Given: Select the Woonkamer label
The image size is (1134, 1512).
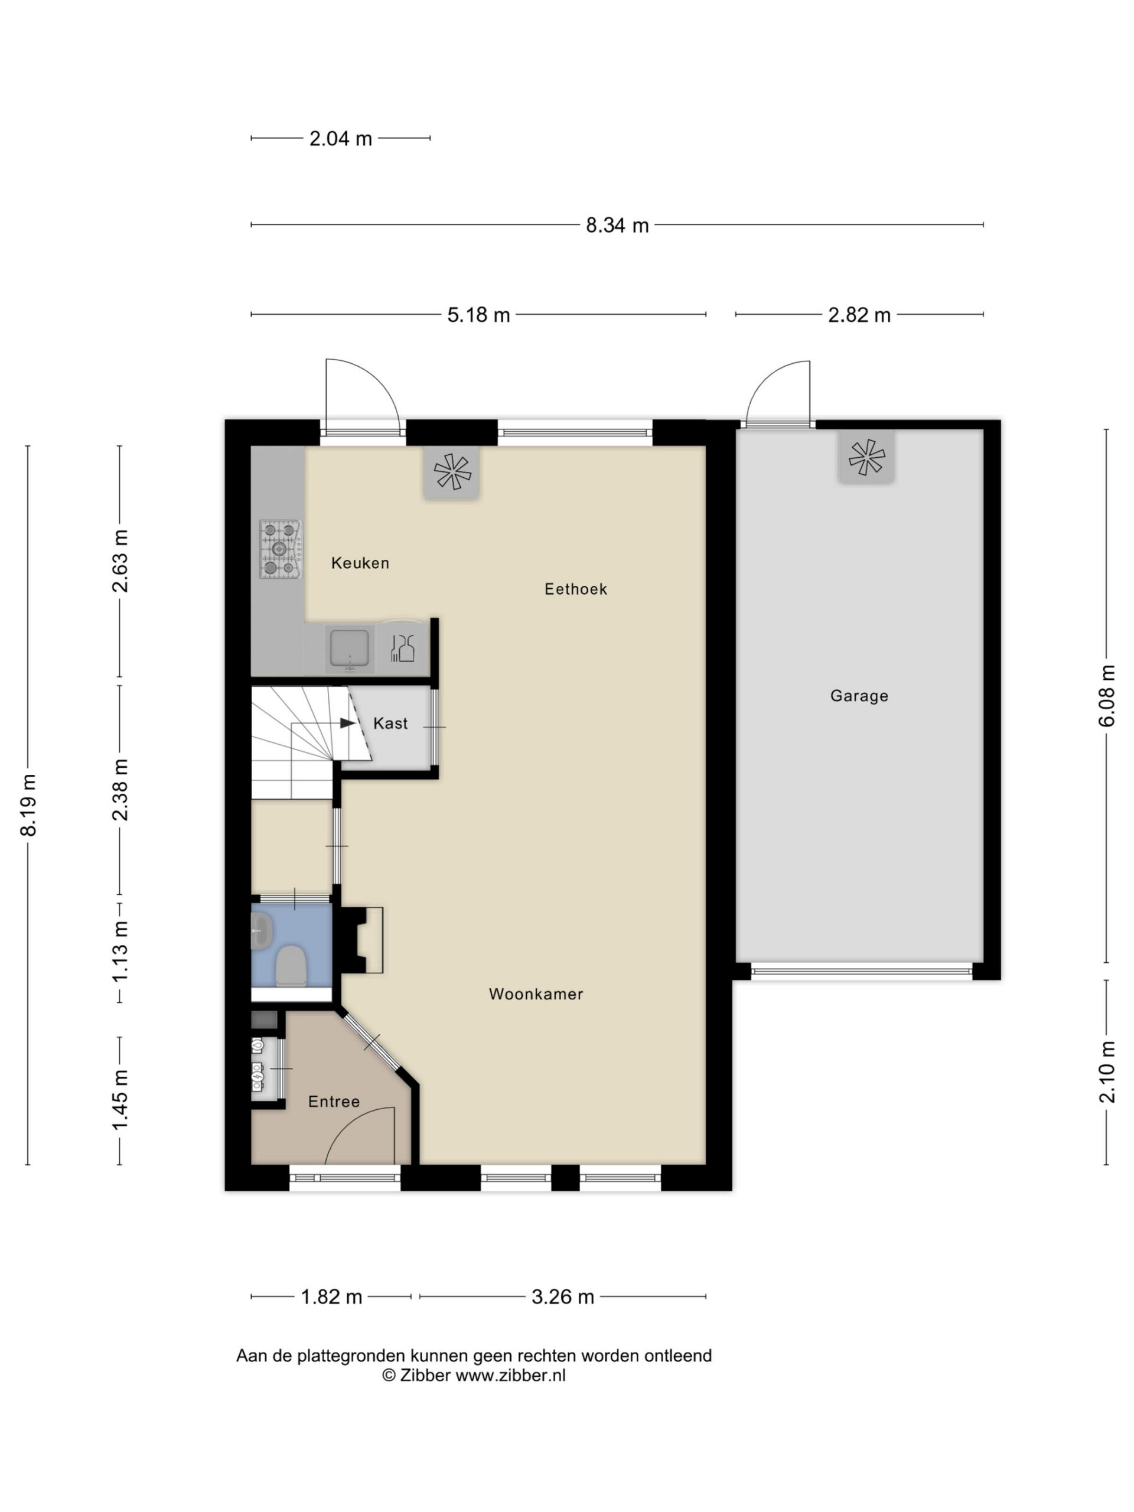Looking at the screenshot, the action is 536,994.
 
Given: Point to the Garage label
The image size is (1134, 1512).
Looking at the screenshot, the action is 859,696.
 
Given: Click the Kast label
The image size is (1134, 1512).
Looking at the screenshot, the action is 390,723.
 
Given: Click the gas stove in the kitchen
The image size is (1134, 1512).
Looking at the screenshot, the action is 281,549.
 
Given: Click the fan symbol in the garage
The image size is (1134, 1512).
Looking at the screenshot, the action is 866,457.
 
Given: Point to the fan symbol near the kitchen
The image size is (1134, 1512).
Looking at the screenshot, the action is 451,472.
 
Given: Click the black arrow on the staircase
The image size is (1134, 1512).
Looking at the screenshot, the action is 348,723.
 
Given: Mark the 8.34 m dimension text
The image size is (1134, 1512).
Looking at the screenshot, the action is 617,225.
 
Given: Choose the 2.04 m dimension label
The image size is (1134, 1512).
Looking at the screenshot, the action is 340,139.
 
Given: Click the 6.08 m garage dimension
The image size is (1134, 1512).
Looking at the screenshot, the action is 1107,696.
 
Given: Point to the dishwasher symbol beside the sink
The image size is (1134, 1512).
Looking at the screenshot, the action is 402,647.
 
